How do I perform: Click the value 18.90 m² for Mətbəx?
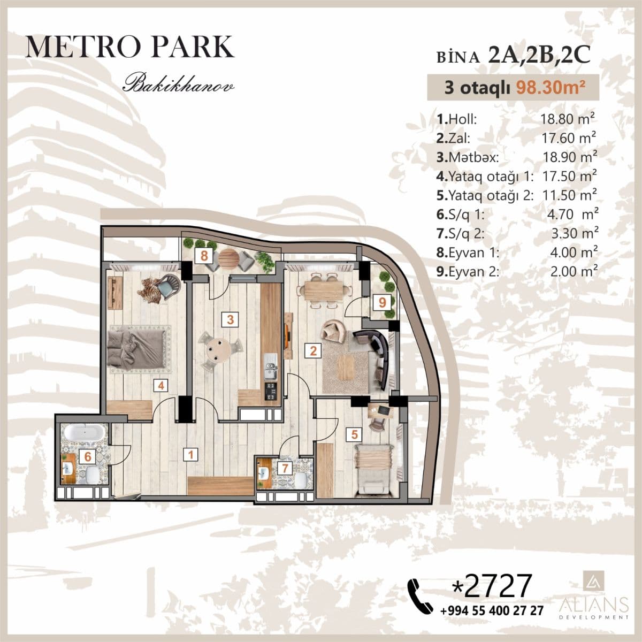coord(569,157)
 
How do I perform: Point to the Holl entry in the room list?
coord(457,119)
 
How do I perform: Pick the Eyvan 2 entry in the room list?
coord(468,271)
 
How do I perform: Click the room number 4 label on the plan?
coord(159,384)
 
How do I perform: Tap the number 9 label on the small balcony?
coord(382,302)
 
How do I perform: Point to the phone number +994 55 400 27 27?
coord(492,610)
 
